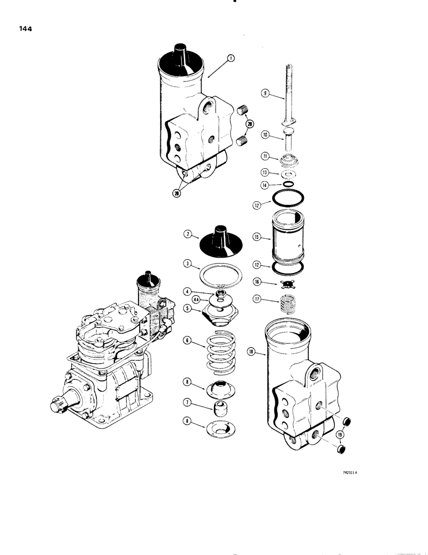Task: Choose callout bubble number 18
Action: tap(252, 351)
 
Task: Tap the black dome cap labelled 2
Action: tap(219, 238)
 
